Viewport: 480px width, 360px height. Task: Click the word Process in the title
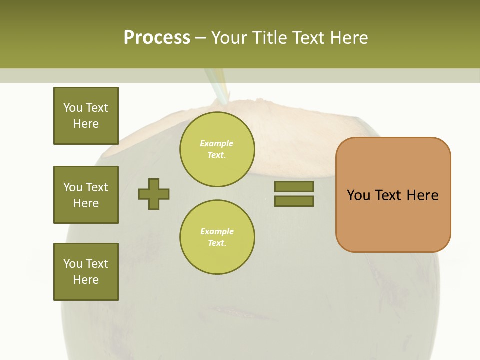click(x=157, y=38)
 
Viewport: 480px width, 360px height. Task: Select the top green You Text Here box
click(x=86, y=116)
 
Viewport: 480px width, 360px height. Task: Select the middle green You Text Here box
click(x=86, y=195)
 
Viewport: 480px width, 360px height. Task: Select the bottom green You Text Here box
click(x=86, y=272)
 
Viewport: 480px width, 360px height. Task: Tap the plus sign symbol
click(x=154, y=194)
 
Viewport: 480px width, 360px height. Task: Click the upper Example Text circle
click(x=217, y=149)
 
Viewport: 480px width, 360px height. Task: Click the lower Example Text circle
click(x=217, y=237)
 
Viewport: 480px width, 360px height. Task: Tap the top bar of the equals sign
click(x=294, y=187)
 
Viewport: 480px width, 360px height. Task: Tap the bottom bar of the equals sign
click(x=294, y=201)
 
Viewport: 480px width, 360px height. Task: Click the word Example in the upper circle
click(x=216, y=143)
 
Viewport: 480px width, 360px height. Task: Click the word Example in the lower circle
click(x=217, y=231)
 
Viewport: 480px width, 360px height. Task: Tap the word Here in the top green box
click(x=86, y=124)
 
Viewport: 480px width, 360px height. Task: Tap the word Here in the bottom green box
click(x=86, y=280)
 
